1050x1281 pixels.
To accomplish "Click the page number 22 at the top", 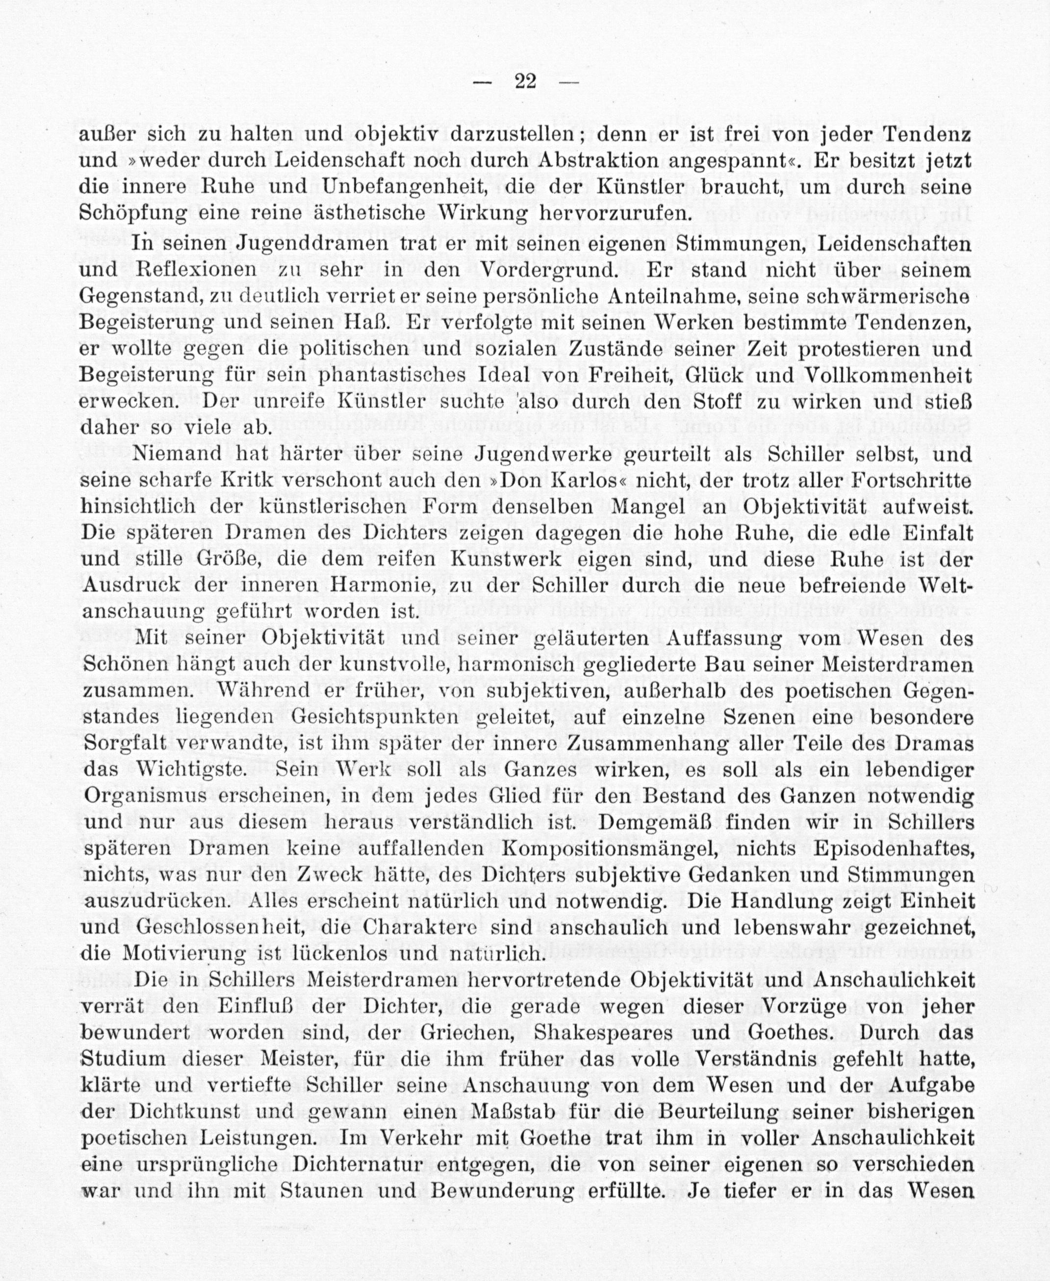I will [525, 80].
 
